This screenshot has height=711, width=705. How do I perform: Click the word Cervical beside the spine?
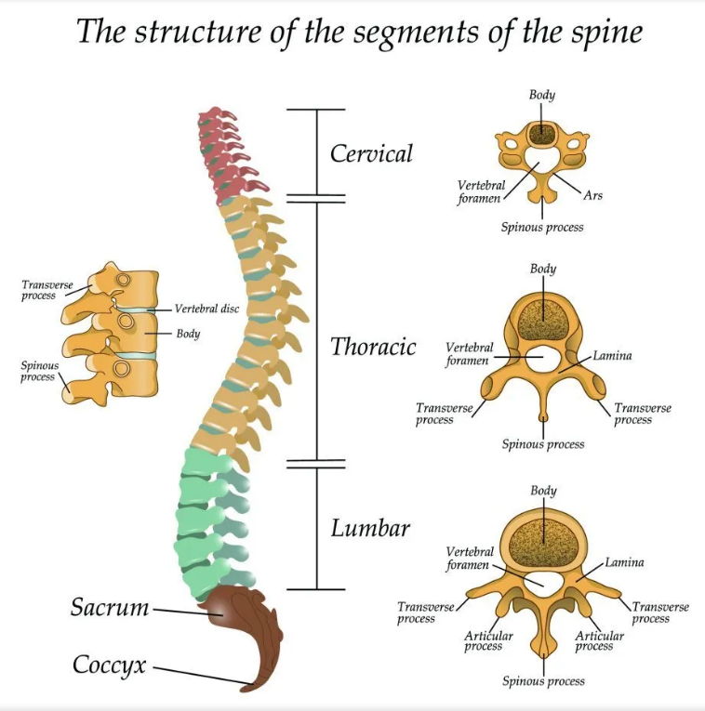(x=371, y=153)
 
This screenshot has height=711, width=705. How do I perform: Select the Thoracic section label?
(x=373, y=348)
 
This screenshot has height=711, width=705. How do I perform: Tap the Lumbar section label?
(x=370, y=529)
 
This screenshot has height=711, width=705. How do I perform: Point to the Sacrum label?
(x=110, y=609)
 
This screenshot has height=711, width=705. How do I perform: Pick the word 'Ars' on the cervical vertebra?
(x=593, y=196)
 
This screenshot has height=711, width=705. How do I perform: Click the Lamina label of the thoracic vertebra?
(x=612, y=356)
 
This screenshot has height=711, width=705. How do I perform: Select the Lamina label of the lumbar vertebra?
(x=624, y=562)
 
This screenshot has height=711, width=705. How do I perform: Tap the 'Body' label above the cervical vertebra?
(x=542, y=95)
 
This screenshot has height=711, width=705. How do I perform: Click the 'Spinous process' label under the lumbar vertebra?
(x=543, y=681)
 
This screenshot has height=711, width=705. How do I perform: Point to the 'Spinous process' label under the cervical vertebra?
(x=542, y=227)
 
